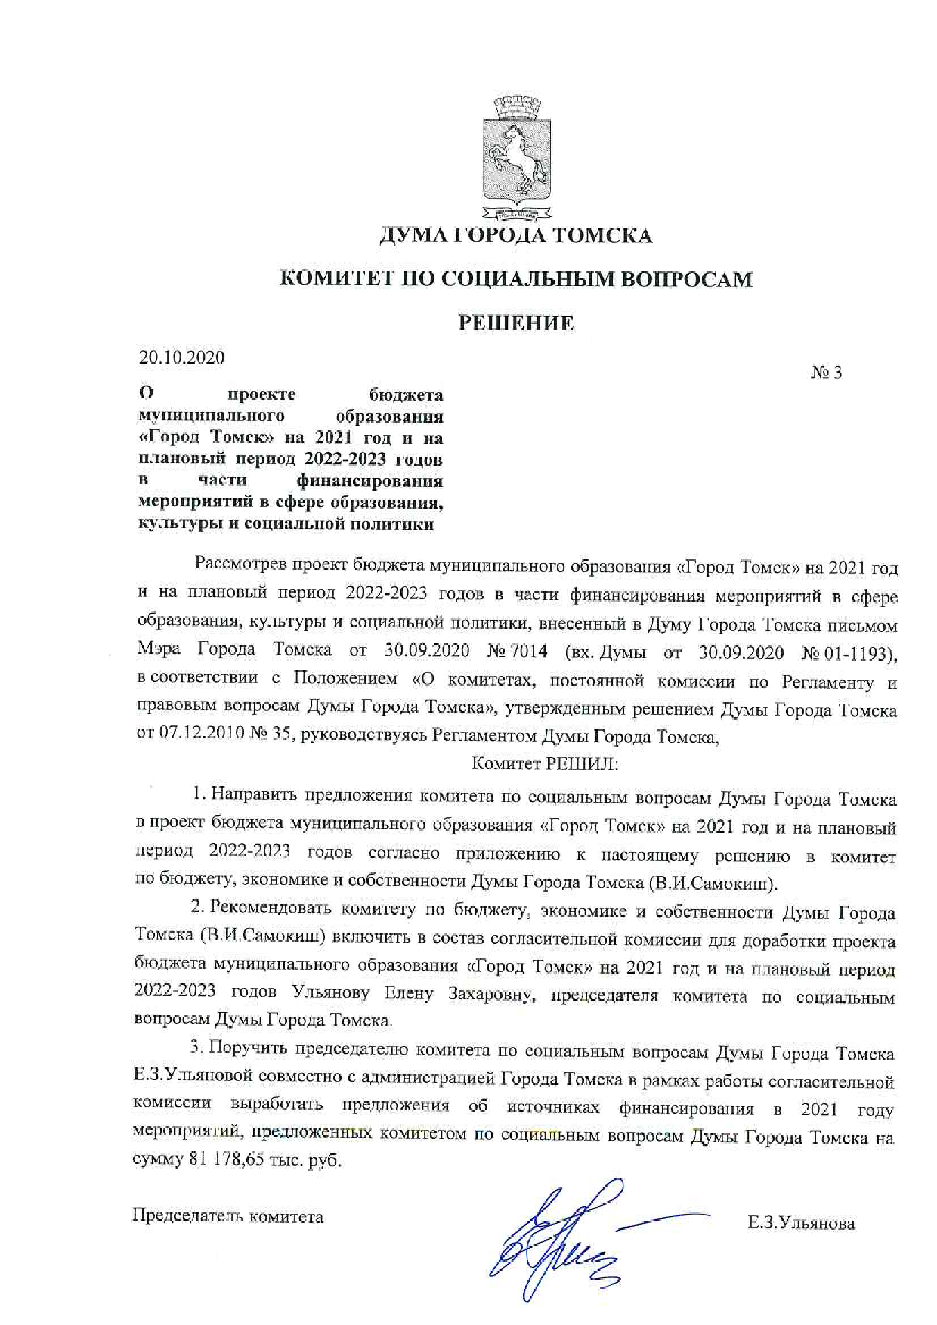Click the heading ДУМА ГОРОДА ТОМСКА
[x=515, y=236]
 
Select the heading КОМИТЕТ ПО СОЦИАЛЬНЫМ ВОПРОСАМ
[x=516, y=280]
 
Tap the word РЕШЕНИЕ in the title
[x=516, y=324]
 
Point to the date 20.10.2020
[x=181, y=358]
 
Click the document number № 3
[x=826, y=373]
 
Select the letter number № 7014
[x=523, y=651]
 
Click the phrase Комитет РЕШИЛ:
[x=544, y=764]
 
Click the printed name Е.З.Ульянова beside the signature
[x=801, y=1223]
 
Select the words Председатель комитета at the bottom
[x=228, y=1216]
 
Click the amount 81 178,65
[x=224, y=1159]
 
